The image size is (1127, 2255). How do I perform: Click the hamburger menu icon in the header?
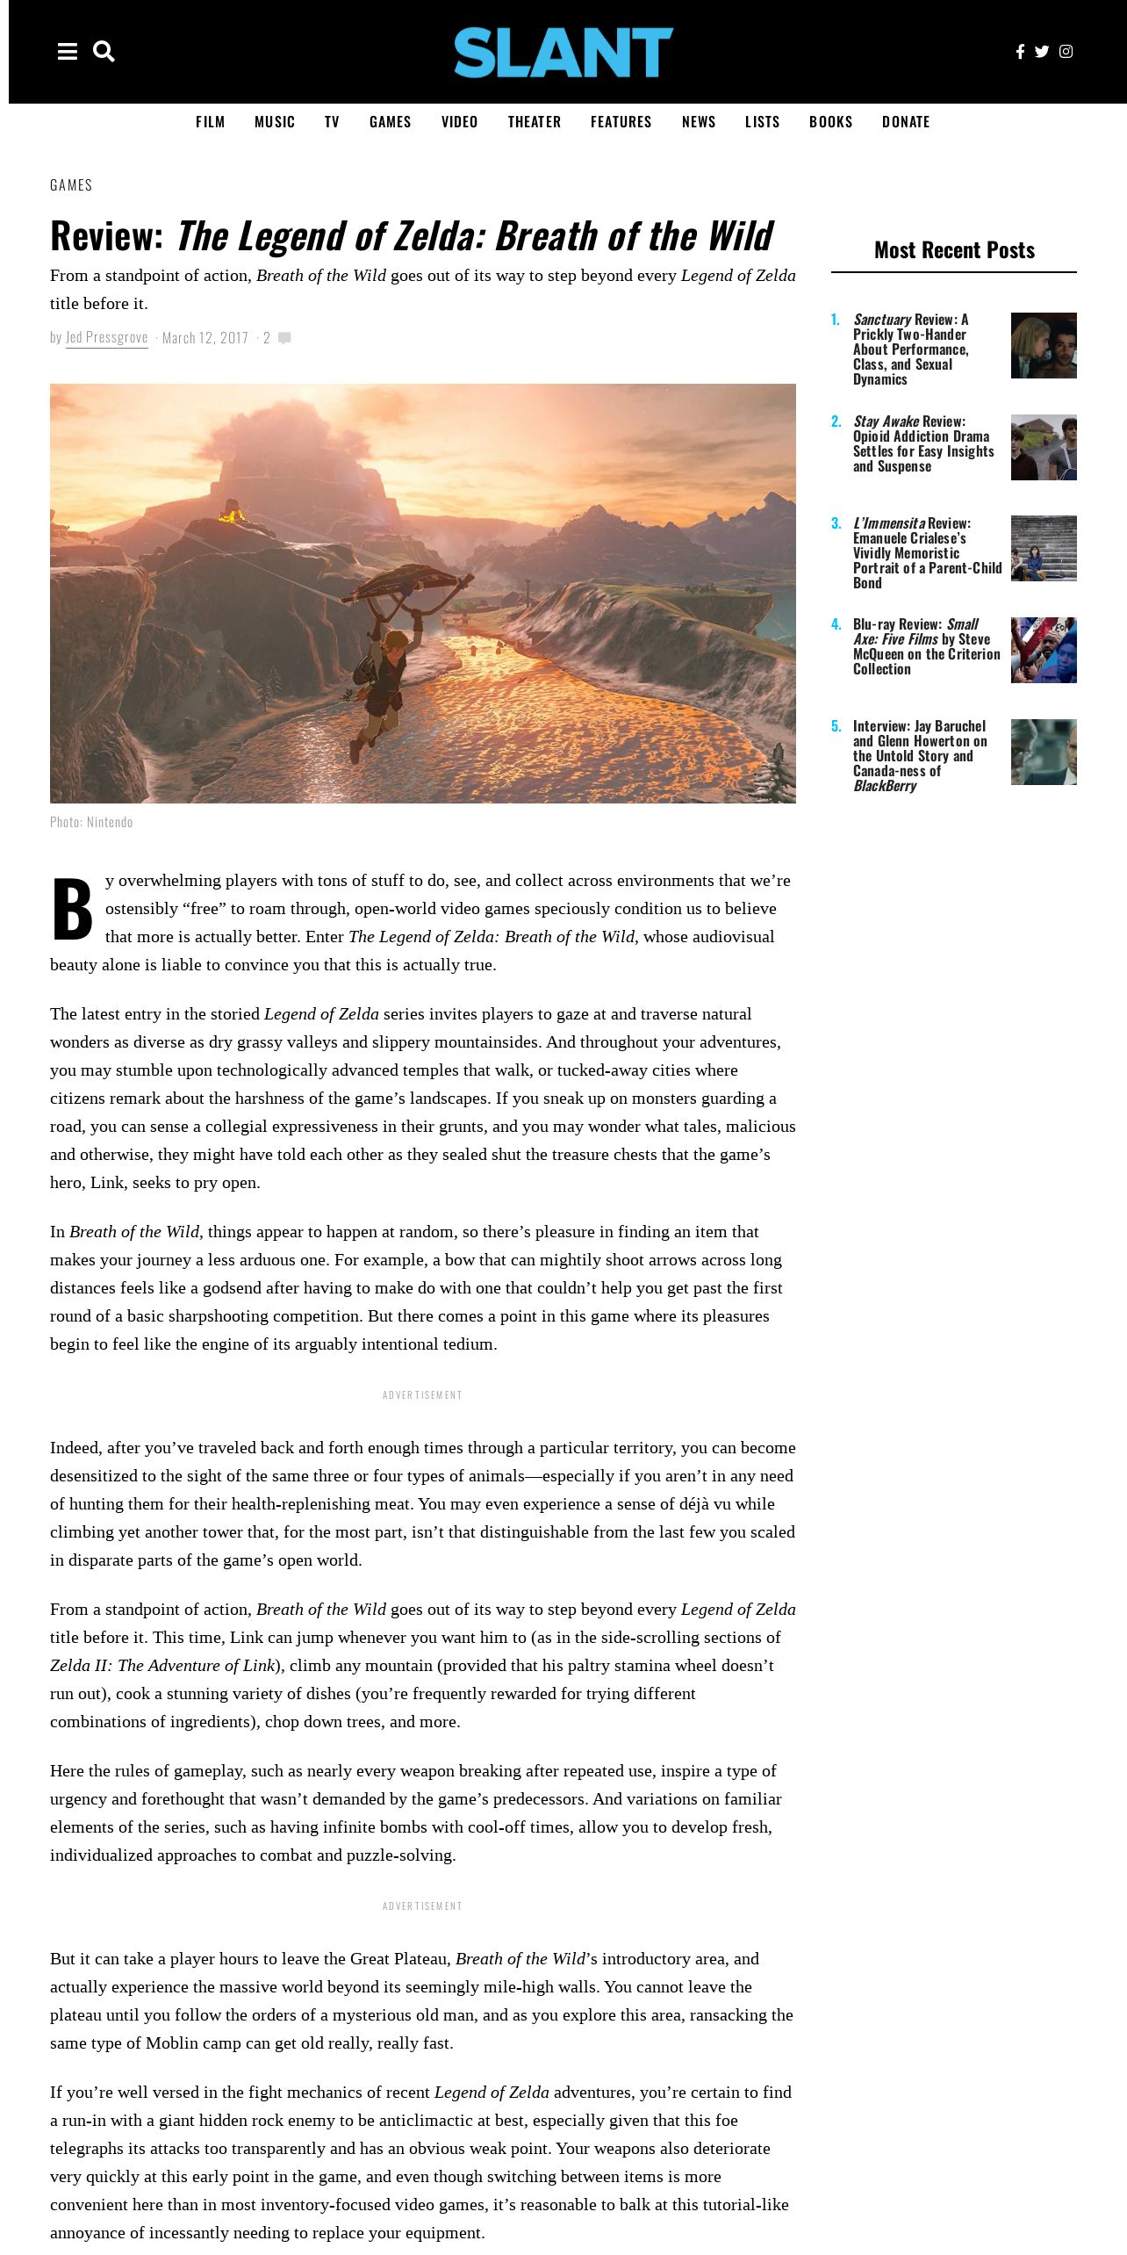point(68,52)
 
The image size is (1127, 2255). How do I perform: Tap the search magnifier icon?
point(104,52)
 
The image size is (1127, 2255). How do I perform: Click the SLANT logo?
point(563,52)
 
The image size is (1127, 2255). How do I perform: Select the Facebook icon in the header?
point(1020,52)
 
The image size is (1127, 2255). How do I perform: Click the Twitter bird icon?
point(1042,52)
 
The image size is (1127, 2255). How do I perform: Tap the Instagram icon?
point(1066,52)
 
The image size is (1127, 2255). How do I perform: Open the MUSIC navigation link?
point(275,122)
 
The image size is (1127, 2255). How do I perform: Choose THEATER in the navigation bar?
point(534,122)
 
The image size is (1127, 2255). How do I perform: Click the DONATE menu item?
point(906,122)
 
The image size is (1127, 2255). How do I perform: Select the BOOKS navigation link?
point(830,122)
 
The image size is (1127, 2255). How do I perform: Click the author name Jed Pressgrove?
point(107,337)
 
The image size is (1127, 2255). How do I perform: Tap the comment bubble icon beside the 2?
point(284,338)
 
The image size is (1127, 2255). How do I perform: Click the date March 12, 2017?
point(205,337)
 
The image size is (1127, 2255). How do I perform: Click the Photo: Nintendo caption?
point(91,822)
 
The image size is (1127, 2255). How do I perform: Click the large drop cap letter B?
point(72,910)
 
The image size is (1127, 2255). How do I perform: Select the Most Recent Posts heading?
point(954,250)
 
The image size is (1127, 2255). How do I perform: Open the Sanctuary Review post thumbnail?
point(1044,346)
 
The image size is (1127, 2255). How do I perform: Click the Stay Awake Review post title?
point(923,443)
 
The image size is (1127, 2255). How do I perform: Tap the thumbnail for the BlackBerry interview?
point(1044,753)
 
